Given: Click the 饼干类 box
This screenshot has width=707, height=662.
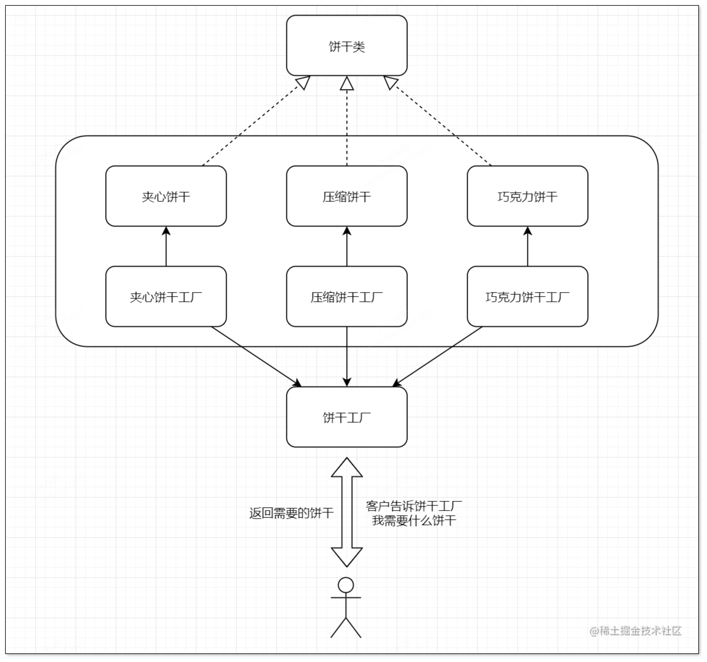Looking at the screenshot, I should [346, 46].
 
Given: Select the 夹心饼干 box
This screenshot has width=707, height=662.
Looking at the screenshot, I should [166, 196].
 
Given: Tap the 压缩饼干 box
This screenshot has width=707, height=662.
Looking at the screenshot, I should [346, 196].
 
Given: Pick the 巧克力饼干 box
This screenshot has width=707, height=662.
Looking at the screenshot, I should [527, 196].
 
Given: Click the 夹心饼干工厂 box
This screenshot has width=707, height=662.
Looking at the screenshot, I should [166, 297].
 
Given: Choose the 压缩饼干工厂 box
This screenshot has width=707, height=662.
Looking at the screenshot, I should [346, 297].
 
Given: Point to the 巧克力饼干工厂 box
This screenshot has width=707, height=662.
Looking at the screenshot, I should [527, 297].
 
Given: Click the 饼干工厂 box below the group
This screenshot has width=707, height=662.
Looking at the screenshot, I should [346, 417].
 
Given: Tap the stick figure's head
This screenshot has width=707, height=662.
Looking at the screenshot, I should [346, 585].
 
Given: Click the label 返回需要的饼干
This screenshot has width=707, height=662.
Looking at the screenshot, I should [291, 513].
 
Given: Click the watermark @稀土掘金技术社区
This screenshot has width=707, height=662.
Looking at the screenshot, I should [636, 631].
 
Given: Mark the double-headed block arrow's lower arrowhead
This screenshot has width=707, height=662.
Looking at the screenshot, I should [347, 556].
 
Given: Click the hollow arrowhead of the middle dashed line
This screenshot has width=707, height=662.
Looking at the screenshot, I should [347, 84].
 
